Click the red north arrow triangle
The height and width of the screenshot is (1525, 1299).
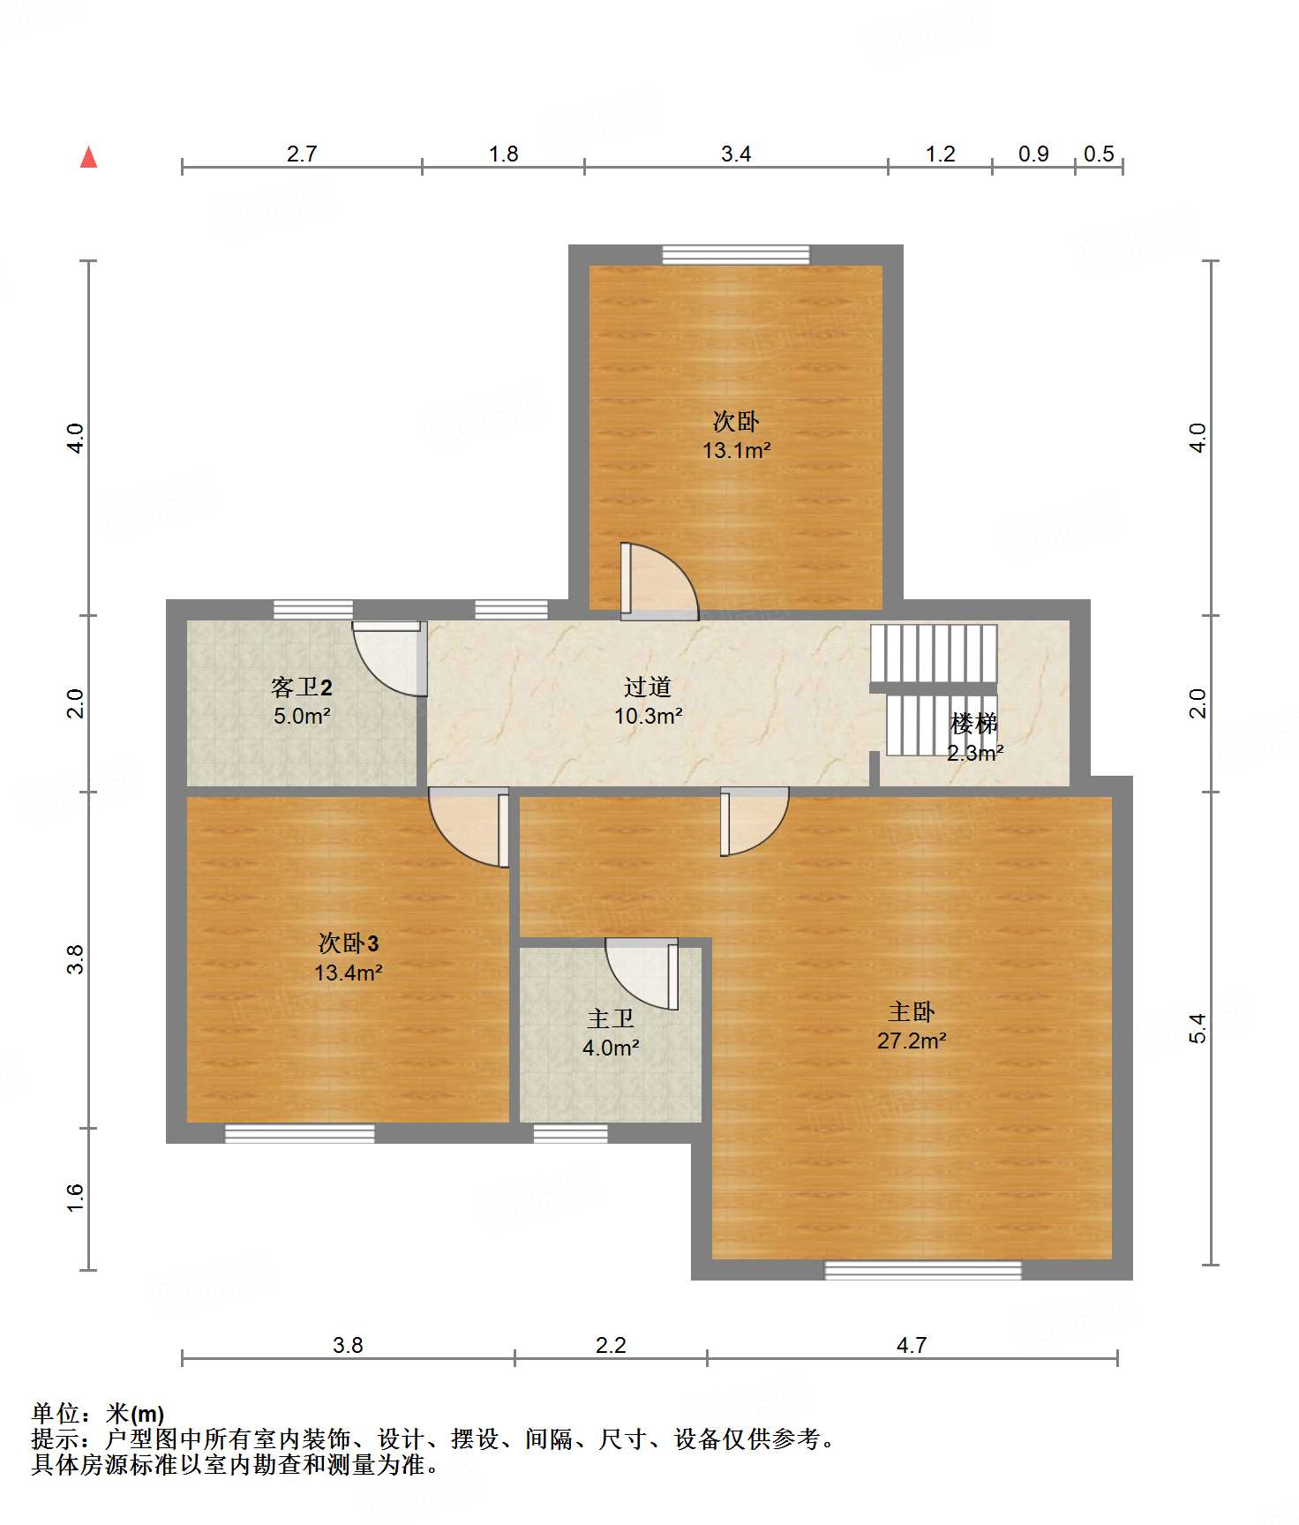click(88, 157)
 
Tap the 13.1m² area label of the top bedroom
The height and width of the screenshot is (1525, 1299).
click(736, 450)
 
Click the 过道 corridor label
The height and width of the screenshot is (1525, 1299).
click(648, 687)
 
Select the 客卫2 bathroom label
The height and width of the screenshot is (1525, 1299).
click(302, 687)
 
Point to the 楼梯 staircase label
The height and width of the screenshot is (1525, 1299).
click(974, 724)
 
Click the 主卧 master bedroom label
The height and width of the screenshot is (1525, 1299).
click(912, 1011)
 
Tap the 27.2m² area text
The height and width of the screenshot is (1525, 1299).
click(912, 1040)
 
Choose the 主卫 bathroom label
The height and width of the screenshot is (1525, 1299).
click(611, 1018)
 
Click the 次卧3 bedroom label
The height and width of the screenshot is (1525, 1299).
click(349, 943)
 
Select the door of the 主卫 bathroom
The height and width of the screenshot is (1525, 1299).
click(642, 974)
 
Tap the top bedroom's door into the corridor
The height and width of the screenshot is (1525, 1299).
click(659, 582)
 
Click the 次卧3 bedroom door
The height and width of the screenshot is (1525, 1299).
click(469, 827)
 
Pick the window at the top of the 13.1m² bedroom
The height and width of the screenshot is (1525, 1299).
click(736, 254)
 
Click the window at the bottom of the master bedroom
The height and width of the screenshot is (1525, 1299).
click(923, 1270)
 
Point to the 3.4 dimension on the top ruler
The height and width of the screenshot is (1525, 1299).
click(736, 154)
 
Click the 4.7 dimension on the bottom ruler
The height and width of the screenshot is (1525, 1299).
click(912, 1345)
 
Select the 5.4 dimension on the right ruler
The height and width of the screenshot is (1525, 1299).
click(1197, 1028)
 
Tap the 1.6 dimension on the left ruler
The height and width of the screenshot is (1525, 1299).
click(75, 1198)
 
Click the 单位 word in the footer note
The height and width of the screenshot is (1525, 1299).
click(56, 1414)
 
